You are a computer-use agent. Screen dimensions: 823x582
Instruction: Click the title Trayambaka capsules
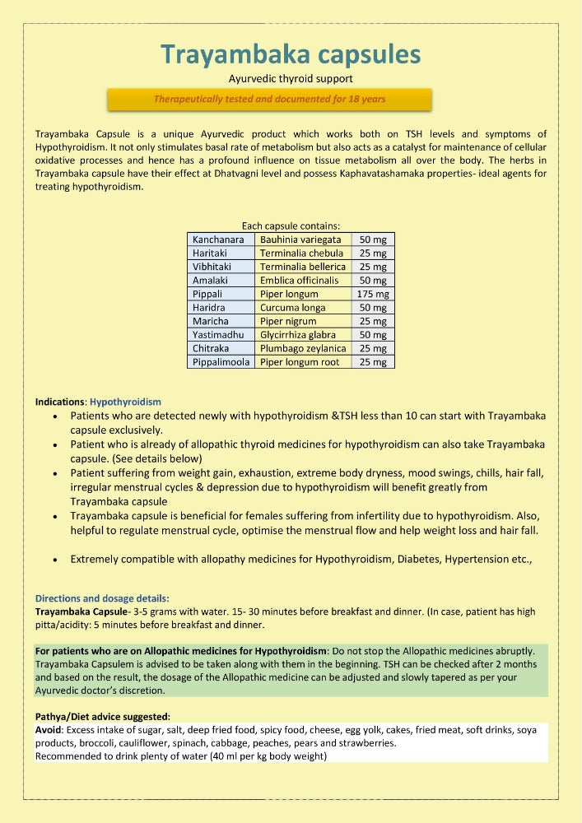tap(291, 54)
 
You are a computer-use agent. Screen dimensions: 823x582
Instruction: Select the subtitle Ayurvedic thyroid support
tap(291, 80)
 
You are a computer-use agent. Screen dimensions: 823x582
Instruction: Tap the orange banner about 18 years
tap(270, 100)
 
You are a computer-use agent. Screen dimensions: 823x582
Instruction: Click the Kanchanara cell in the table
tap(218, 239)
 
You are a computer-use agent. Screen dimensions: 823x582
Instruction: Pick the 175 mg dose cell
tap(373, 294)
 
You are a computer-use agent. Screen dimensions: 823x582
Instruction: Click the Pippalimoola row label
tap(221, 362)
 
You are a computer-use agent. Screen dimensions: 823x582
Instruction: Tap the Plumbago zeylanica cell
tap(302, 348)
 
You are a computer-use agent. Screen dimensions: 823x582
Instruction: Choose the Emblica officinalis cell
tap(299, 280)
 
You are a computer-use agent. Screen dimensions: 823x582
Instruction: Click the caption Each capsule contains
tap(291, 226)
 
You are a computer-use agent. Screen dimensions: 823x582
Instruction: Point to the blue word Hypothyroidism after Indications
tap(125, 402)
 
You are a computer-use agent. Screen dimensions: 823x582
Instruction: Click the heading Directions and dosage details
tap(102, 598)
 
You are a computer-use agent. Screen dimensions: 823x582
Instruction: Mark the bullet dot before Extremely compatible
tap(54, 560)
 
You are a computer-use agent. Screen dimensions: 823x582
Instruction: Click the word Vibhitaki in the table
tap(212, 267)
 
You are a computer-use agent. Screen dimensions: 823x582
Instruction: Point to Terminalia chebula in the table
tap(301, 253)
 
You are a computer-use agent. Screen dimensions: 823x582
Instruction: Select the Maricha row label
tap(210, 321)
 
